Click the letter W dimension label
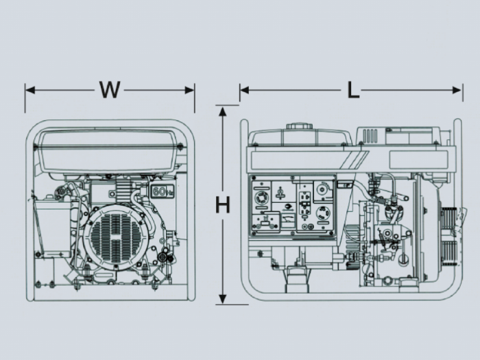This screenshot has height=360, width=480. (110, 90)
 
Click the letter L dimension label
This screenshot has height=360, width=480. (353, 90)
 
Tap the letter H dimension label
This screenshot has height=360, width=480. (223, 205)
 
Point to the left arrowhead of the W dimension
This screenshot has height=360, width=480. (30, 90)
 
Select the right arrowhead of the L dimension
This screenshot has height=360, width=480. (457, 90)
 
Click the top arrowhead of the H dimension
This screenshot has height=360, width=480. (223, 111)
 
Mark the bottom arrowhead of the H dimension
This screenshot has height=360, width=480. (223, 298)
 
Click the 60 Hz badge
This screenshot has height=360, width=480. (162, 191)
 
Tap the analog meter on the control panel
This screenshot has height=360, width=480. (287, 221)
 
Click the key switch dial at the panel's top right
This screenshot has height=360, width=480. (322, 190)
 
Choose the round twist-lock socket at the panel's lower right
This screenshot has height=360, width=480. (324, 213)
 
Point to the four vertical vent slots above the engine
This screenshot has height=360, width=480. (370, 136)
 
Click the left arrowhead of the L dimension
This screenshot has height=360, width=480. (245, 90)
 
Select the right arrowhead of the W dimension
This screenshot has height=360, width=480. (189, 90)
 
